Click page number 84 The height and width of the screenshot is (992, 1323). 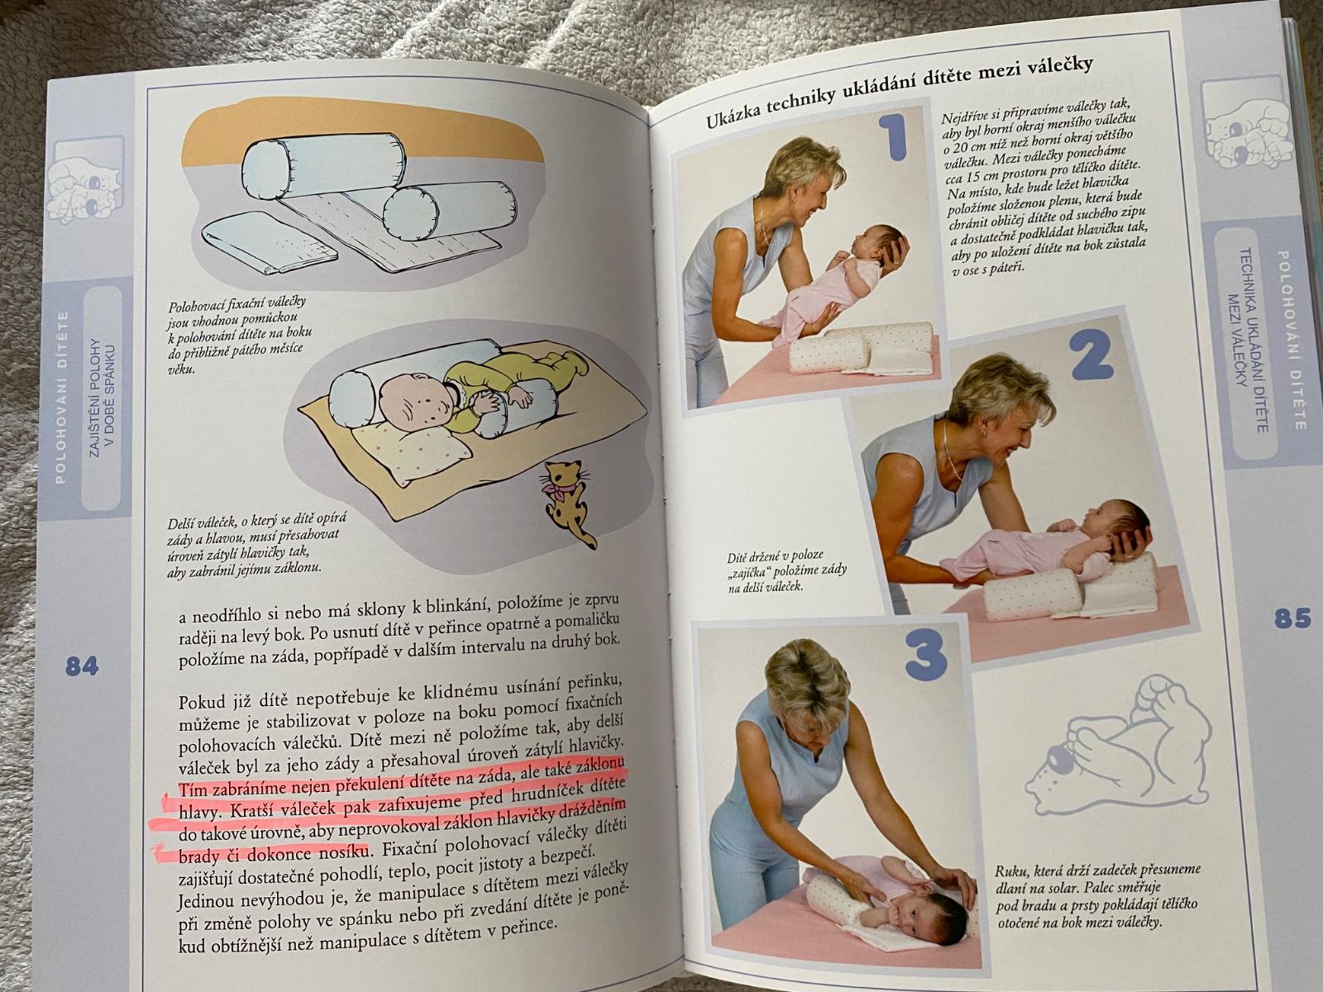tap(81, 666)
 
